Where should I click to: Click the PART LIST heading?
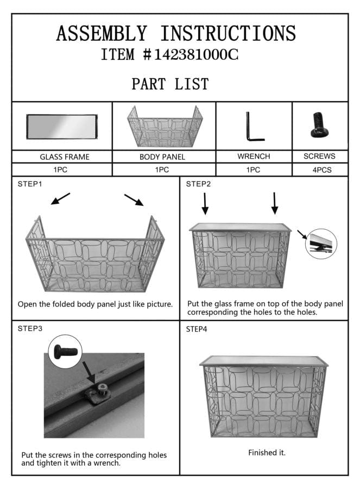coord(170,84)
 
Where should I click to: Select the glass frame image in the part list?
coord(62,126)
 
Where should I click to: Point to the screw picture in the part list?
coord(319,125)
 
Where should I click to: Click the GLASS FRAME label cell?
coord(62,156)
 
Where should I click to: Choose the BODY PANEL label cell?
coord(163,156)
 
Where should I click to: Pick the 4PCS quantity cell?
coord(320,170)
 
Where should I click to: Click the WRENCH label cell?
coord(254,156)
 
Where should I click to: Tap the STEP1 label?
coord(30,184)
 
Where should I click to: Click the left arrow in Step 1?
coord(60,199)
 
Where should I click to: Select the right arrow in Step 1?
coord(134,200)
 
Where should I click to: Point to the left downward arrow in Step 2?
coord(205,203)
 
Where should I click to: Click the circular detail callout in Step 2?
coord(321,243)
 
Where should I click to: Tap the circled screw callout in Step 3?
coord(65,352)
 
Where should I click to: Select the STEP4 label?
coord(197,329)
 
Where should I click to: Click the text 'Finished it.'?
coord(267,453)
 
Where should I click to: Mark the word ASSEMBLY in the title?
coord(102,33)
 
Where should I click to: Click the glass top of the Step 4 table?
coord(264,361)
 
